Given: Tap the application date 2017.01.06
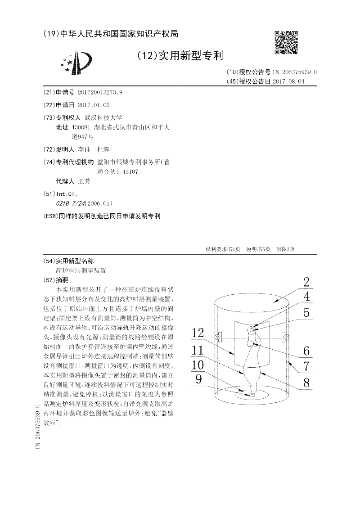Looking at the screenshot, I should point(94,105).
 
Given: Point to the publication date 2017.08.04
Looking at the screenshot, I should point(288,81).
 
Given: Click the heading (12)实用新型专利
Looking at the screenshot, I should point(180,56).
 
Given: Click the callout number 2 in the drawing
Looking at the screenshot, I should point(306,283).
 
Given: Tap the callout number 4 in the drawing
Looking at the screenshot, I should point(306,297).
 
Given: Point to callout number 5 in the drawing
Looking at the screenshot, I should point(306,312).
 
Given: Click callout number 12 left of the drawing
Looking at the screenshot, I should point(198,333).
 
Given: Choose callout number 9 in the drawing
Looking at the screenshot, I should point(198,379).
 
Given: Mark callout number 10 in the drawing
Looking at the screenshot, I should point(198,365).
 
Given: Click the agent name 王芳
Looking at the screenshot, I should point(84,182).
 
